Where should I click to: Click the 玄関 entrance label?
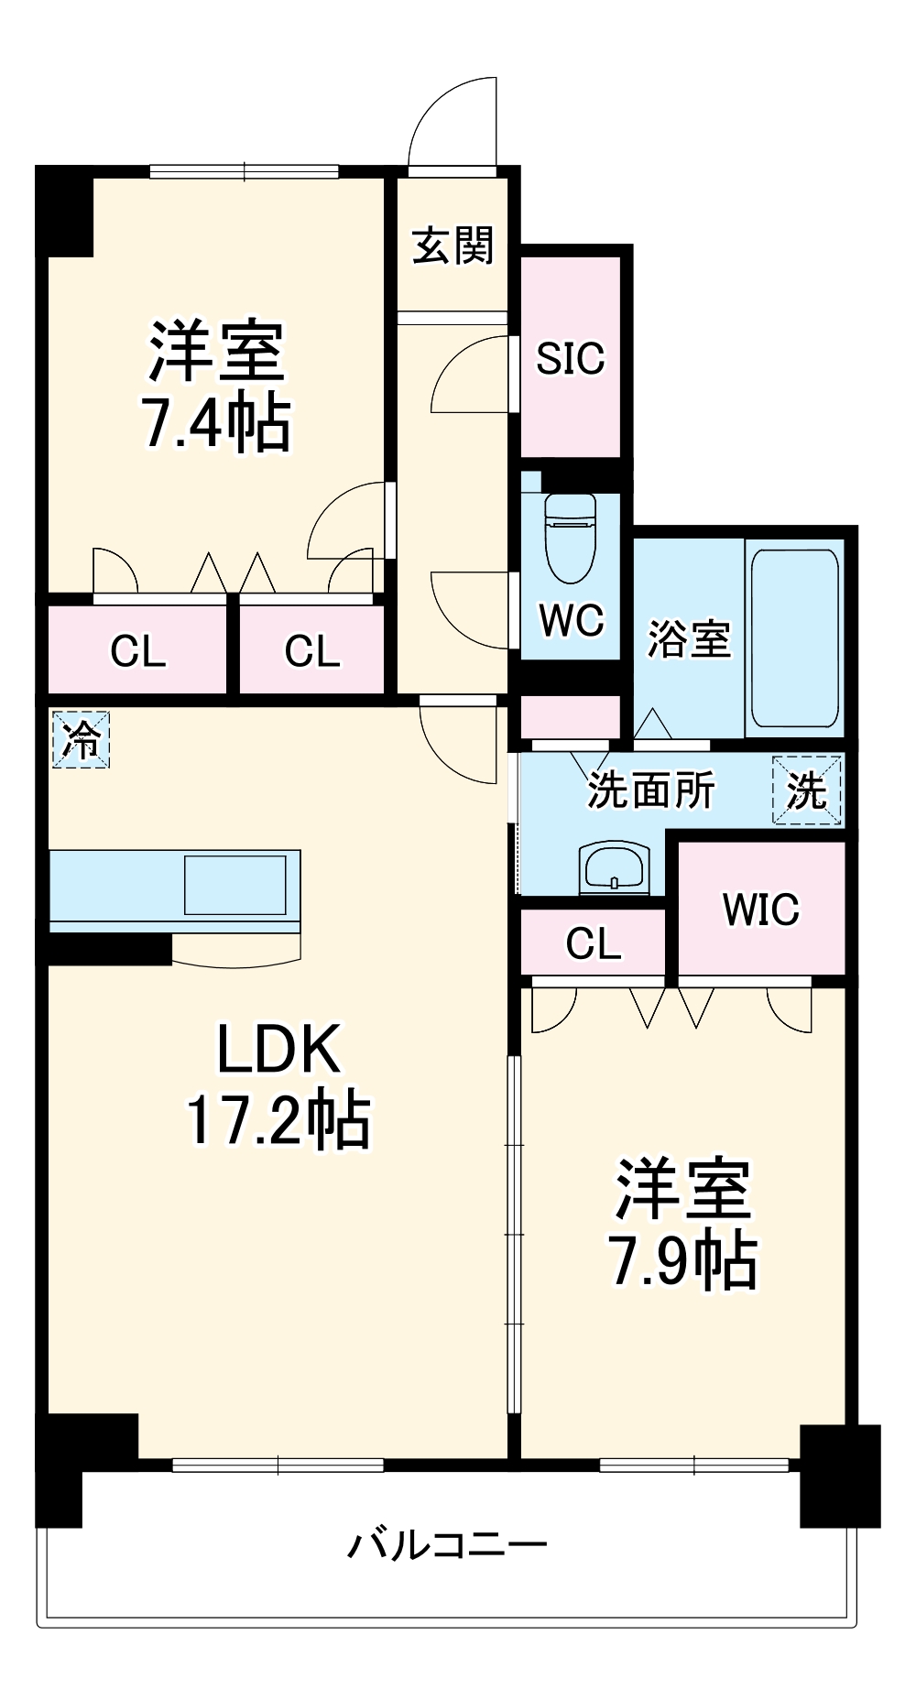click(x=453, y=245)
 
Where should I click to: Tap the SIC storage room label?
click(x=570, y=358)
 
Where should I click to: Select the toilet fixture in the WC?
click(x=570, y=539)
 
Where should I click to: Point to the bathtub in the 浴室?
click(x=794, y=637)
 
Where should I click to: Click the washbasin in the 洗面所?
click(x=614, y=866)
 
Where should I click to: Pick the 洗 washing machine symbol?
click(x=806, y=790)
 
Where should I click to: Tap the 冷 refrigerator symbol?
click(x=81, y=739)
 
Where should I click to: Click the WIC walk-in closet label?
click(x=760, y=910)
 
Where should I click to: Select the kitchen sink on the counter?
click(x=234, y=885)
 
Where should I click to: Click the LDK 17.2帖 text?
click(x=279, y=1085)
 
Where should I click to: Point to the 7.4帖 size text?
click(x=216, y=423)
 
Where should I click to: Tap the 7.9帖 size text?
click(x=683, y=1262)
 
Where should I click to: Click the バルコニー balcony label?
click(x=446, y=1545)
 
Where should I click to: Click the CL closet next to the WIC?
click(x=593, y=943)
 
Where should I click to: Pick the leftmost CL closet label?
click(x=137, y=651)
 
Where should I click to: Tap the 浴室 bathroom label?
click(x=689, y=638)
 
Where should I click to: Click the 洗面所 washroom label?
click(x=650, y=790)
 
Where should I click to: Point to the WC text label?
click(x=571, y=621)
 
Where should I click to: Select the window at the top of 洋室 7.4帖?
click(x=244, y=170)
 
